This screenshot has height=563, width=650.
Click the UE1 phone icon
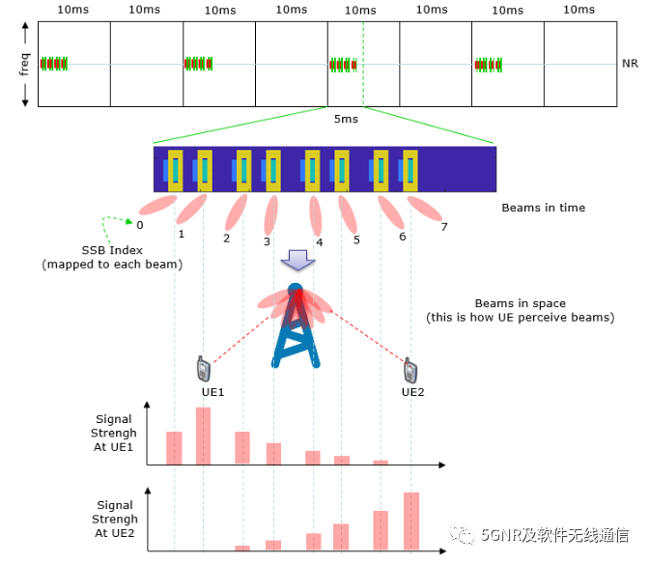click(x=203, y=369)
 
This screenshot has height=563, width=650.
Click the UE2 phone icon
click(x=410, y=369)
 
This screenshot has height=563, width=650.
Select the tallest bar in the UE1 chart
click(x=203, y=436)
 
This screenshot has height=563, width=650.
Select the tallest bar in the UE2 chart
click(x=410, y=521)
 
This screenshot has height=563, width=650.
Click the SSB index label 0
click(x=140, y=225)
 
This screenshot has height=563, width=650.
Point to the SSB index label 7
click(x=444, y=227)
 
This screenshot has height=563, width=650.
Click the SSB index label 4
click(x=319, y=242)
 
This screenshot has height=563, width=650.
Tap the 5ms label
click(x=345, y=119)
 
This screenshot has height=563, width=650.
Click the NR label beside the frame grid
click(x=631, y=64)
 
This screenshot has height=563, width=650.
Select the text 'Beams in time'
click(x=543, y=208)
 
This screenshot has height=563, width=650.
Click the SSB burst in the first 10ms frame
click(x=53, y=64)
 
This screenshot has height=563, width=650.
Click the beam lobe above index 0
click(x=158, y=206)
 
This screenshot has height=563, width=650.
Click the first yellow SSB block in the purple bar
click(x=176, y=169)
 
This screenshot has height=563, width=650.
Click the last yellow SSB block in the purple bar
click(x=410, y=169)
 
